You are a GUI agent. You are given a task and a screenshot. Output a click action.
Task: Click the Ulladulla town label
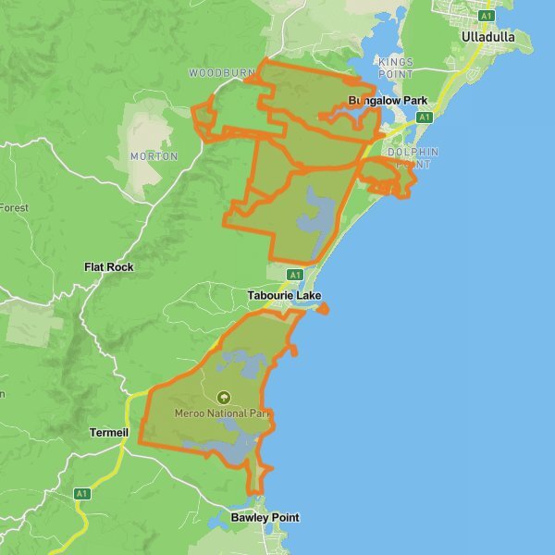[489, 37]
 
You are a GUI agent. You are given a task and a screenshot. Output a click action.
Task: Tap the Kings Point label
[396, 68]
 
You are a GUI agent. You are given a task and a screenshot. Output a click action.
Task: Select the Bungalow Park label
[388, 100]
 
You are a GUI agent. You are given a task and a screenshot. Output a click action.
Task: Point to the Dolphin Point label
[413, 157]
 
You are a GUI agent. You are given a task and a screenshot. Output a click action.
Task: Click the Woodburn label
[221, 72]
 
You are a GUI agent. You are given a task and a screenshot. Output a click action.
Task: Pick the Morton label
[154, 156]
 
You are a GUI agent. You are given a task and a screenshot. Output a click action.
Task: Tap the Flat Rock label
[109, 267]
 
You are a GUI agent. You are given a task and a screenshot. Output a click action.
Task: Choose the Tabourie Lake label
[285, 296]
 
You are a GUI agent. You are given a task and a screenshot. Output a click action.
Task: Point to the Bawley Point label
[265, 518]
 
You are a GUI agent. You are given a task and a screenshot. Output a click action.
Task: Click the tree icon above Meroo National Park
[222, 397]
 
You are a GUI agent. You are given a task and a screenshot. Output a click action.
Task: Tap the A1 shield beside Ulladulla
[487, 16]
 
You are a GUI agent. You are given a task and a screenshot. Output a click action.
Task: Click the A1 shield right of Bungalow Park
[425, 117]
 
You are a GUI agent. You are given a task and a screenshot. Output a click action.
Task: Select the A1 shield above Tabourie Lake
[295, 275]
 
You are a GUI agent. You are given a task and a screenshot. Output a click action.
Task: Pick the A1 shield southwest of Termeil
[82, 493]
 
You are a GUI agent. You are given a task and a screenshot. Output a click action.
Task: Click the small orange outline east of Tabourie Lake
[322, 308]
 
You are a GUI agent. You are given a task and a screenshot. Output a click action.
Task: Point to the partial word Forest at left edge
[14, 208]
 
